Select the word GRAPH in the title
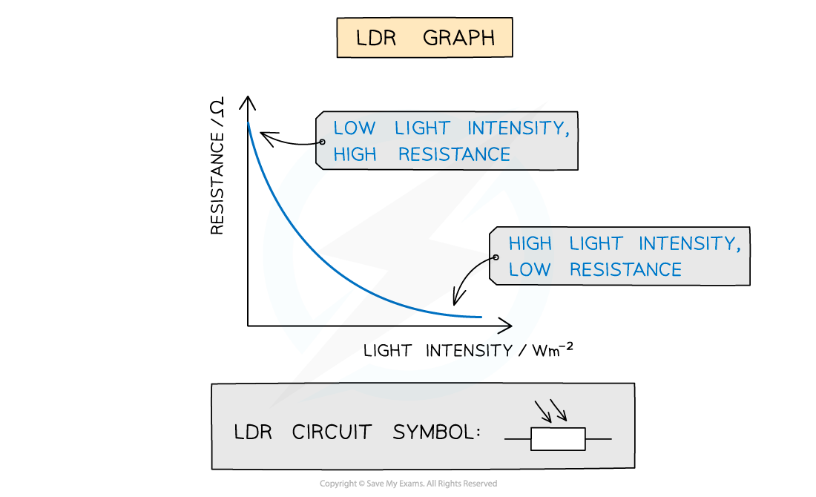(x=458, y=39)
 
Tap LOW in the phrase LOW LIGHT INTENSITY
(x=355, y=128)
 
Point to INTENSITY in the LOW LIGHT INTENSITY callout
(x=519, y=128)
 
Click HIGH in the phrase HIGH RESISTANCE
(x=355, y=154)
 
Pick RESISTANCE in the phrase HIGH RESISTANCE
(x=454, y=154)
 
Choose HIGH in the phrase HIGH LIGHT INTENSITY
(x=530, y=243)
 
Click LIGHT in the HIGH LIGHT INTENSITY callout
(x=596, y=243)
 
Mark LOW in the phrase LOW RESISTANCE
(x=530, y=269)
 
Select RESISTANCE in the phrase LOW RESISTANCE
(x=625, y=269)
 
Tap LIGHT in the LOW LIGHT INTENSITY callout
(x=421, y=128)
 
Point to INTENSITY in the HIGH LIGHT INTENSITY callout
(x=689, y=243)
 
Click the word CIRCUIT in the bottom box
(x=331, y=432)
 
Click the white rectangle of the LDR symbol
(x=558, y=439)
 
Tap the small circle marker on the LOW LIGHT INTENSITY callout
(x=322, y=141)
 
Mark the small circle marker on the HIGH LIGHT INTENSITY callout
(x=496, y=257)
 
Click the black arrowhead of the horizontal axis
(x=506, y=326)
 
